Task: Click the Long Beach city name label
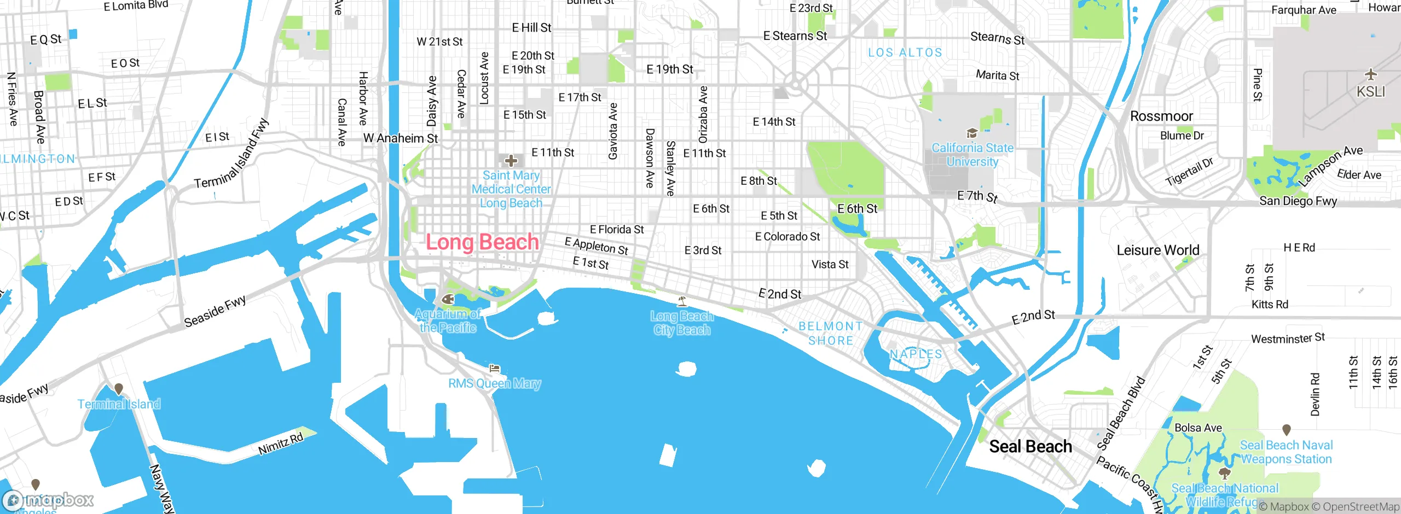482,242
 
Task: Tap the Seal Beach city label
1030,447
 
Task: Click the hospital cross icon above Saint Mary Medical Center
511,161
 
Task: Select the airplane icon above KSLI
1370,74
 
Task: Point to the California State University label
972,155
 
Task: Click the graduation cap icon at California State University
972,133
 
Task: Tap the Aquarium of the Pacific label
448,321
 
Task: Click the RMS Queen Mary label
494,384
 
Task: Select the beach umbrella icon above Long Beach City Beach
682,301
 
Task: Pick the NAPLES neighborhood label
916,354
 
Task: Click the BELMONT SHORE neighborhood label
830,334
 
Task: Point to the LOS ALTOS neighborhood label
905,52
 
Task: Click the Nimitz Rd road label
280,444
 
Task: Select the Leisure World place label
1157,250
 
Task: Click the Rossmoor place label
1161,116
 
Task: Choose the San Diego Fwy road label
1298,201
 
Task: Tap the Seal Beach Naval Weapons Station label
1286,452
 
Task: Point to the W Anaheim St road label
401,139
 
